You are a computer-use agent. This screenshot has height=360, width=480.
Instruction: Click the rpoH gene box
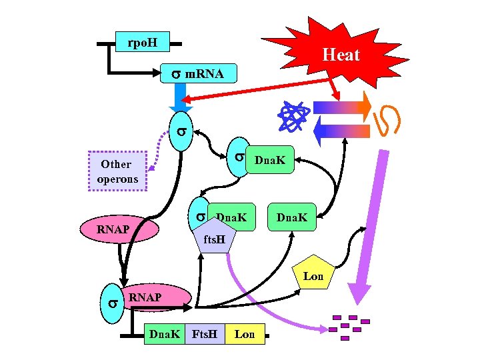(x=142, y=42)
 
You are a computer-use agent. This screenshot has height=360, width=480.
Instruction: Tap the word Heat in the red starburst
(x=341, y=55)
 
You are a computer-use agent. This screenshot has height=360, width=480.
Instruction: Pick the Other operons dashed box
(x=117, y=171)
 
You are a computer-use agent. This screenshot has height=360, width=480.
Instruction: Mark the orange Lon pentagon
(x=313, y=274)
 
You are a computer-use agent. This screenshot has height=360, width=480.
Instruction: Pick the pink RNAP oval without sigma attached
(x=119, y=229)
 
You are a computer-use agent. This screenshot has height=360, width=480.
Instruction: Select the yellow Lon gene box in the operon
(x=245, y=334)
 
